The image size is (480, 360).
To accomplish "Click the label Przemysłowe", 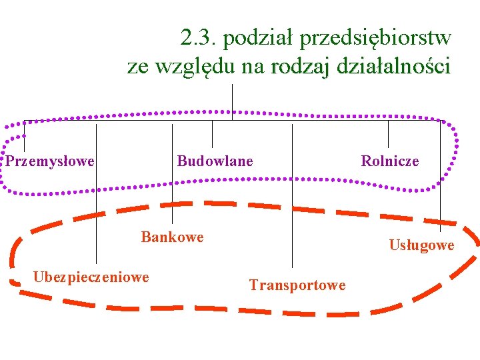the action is pyautogui.click(x=50, y=161).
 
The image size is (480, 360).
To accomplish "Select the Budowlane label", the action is pyautogui.click(x=215, y=161).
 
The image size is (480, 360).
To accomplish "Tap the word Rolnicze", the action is pyautogui.click(x=390, y=161).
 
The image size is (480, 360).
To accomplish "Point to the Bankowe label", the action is pyautogui.click(x=172, y=237).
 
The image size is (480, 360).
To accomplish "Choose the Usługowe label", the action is pyautogui.click(x=421, y=245).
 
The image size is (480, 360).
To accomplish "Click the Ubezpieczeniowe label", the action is pyautogui.click(x=91, y=277).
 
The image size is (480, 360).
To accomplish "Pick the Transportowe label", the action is pyautogui.click(x=297, y=285).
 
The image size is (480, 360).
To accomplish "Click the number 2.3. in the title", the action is pyautogui.click(x=199, y=38).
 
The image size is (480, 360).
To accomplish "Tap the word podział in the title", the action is pyautogui.click(x=260, y=38).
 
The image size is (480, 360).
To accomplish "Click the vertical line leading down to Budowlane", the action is pyautogui.click(x=213, y=133).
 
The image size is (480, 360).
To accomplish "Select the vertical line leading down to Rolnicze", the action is pyautogui.click(x=389, y=133).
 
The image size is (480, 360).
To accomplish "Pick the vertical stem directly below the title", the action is pyautogui.click(x=232, y=102).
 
